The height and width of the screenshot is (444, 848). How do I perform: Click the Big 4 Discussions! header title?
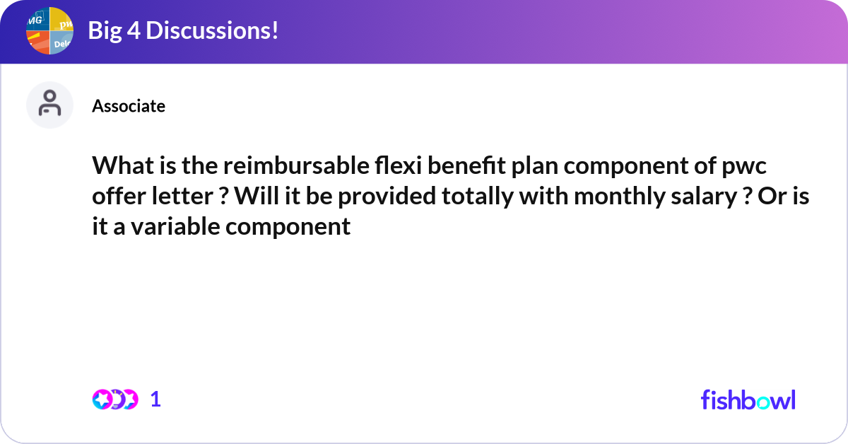coord(182,30)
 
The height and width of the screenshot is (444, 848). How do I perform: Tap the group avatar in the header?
coord(50,30)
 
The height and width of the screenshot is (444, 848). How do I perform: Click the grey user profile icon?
coord(49,105)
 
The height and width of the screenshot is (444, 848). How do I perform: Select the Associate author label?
coord(129,106)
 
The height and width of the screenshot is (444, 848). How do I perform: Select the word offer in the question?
coord(117,197)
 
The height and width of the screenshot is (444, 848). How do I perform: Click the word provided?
coord(386,197)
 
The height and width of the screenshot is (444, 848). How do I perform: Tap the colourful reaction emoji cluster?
coord(114,399)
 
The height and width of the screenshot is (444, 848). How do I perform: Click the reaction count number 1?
coord(156,399)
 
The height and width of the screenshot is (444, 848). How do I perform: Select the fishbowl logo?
coord(748,399)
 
